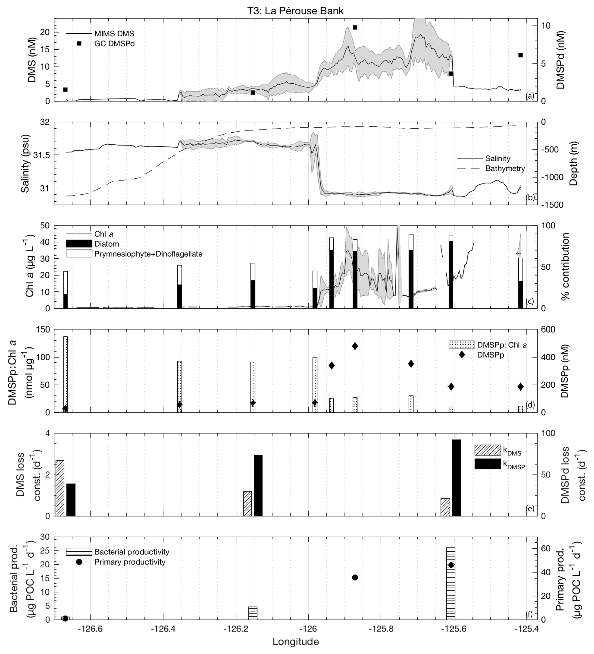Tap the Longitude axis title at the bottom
click(295, 641)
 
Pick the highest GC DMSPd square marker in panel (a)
click(355, 28)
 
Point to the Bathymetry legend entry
click(505, 168)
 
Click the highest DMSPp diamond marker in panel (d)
click(355, 346)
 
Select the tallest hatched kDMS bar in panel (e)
click(60, 488)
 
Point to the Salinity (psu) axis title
click(25, 163)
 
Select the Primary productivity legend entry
click(129, 562)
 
